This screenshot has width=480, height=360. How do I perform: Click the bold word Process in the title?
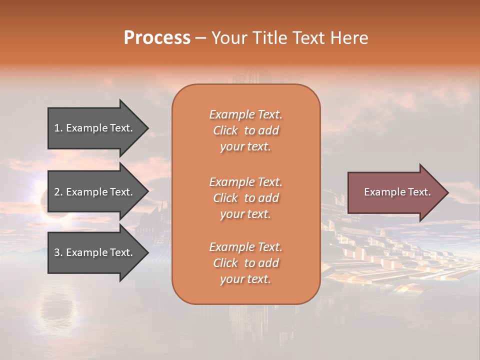click(x=157, y=38)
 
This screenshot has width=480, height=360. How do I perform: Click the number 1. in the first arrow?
click(x=58, y=128)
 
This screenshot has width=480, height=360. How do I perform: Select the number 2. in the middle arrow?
click(x=58, y=192)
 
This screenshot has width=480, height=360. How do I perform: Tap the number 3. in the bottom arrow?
click(x=58, y=252)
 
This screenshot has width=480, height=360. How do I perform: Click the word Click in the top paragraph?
click(x=225, y=130)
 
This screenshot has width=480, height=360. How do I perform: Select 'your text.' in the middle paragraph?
click(x=245, y=214)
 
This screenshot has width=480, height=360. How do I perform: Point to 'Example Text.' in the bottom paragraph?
click(x=245, y=247)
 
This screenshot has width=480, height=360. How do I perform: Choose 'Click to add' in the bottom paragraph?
click(x=245, y=263)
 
